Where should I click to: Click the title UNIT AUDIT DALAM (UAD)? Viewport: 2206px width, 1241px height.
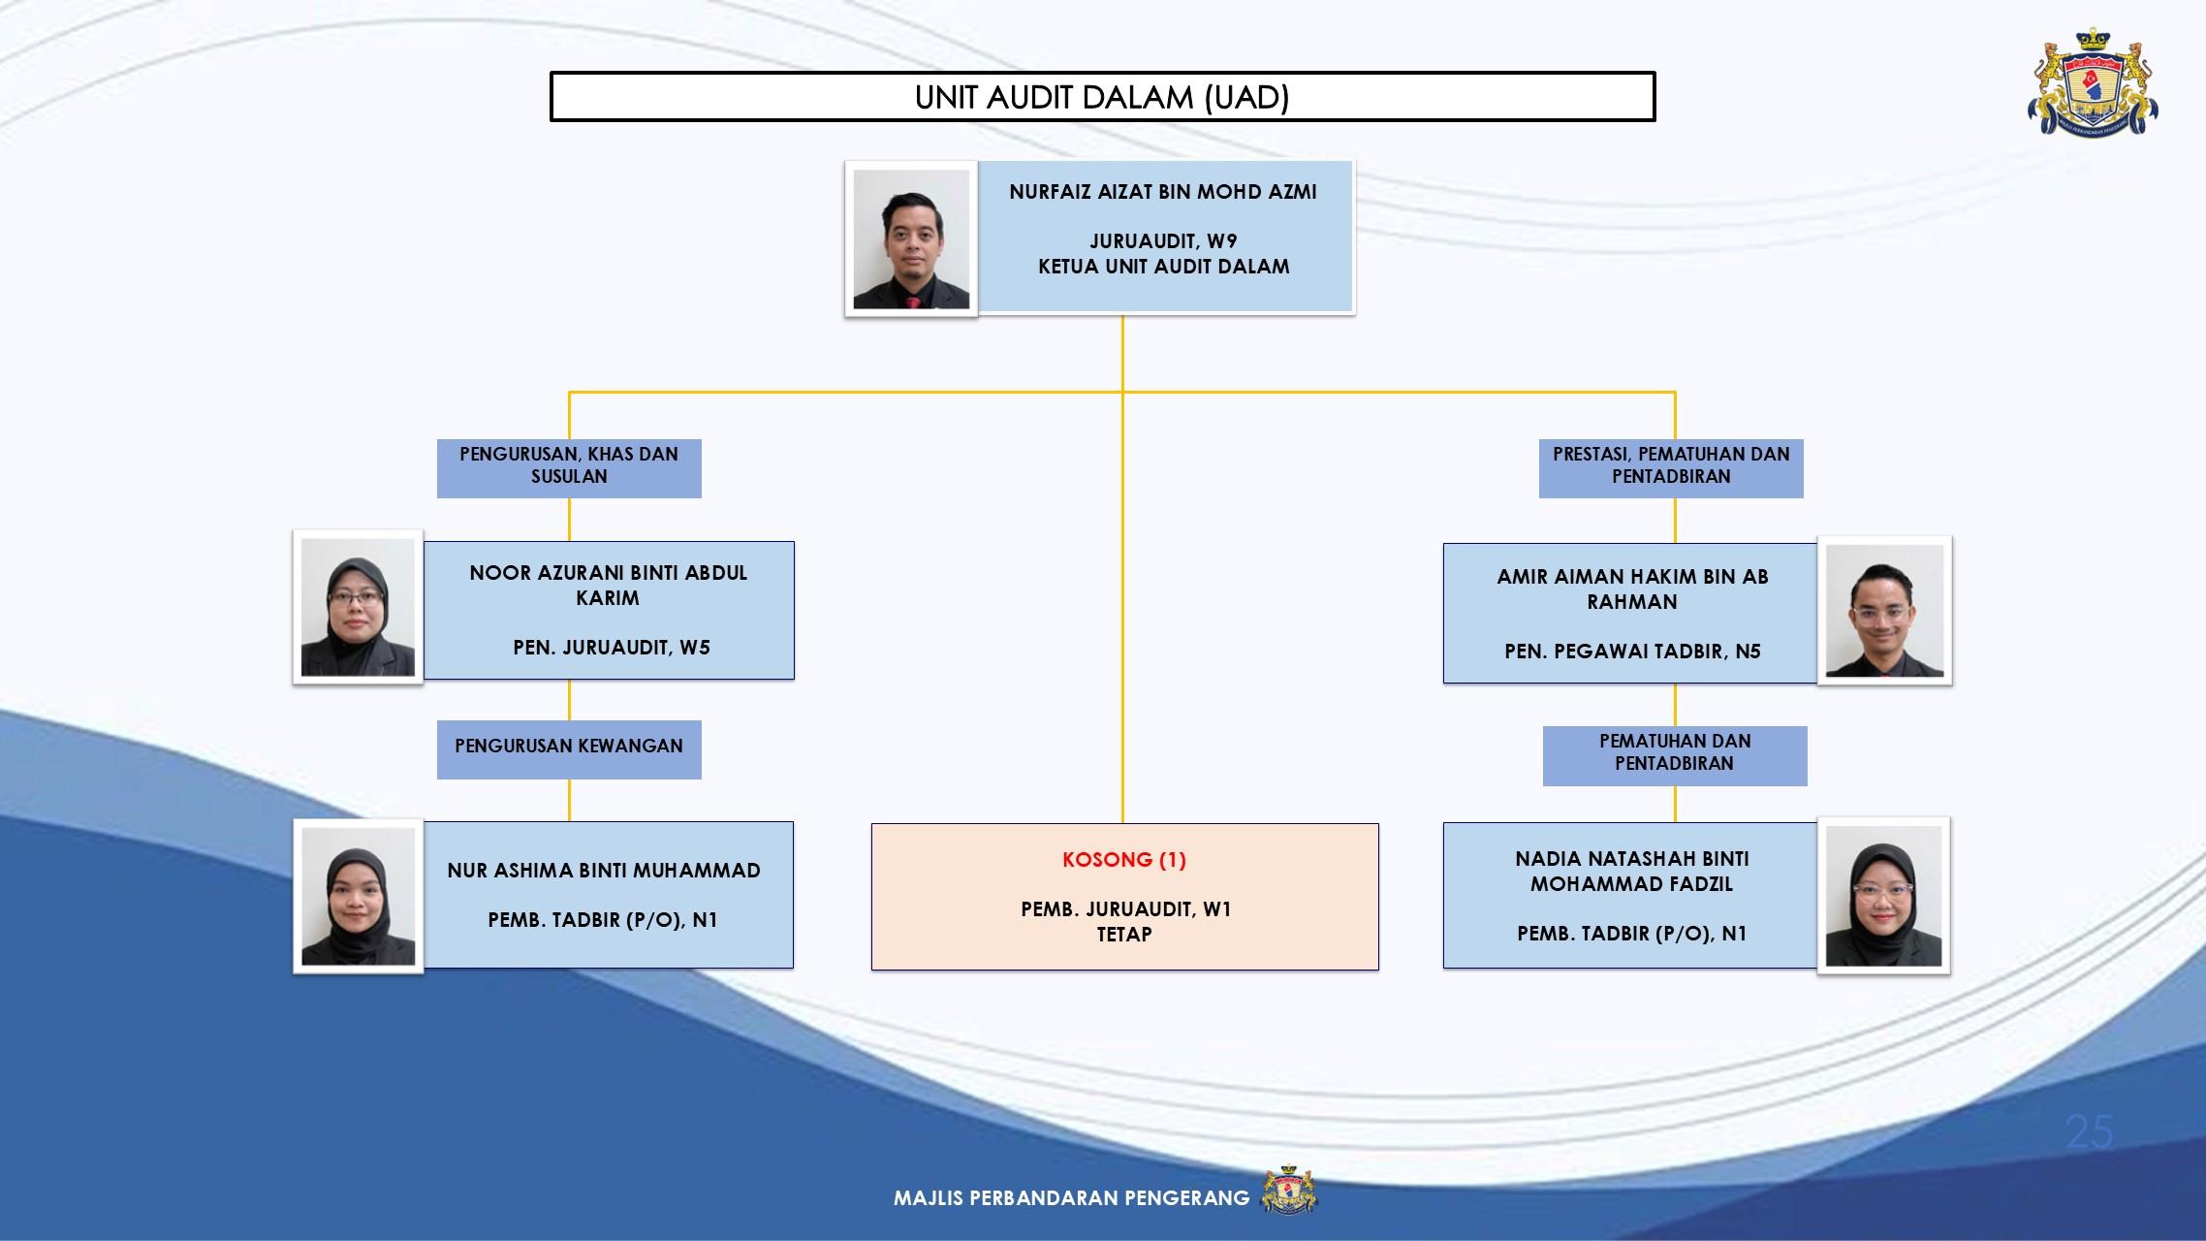click(1102, 97)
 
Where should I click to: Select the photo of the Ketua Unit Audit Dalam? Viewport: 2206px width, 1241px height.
click(911, 239)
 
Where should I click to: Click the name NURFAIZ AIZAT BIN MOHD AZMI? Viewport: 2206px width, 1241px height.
click(1163, 192)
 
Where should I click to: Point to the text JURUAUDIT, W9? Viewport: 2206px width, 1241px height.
click(1163, 241)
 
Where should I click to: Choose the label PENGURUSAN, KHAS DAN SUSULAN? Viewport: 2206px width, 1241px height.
click(569, 466)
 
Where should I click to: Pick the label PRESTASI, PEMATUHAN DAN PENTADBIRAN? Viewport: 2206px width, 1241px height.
click(1671, 466)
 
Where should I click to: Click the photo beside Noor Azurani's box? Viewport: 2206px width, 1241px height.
click(358, 608)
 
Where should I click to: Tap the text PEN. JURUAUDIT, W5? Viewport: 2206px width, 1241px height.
click(612, 648)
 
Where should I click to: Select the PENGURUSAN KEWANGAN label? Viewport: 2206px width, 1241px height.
click(569, 747)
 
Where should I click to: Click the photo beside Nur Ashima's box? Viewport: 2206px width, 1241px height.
click(358, 896)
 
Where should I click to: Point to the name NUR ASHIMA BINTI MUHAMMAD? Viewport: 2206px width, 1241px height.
click(604, 871)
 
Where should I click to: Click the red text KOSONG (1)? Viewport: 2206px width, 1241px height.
click(1124, 860)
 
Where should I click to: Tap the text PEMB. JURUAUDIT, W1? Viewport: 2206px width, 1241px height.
click(1125, 909)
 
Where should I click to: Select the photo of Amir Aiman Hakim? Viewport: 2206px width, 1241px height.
click(1884, 611)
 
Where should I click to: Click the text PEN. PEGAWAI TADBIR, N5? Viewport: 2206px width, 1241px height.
click(1632, 652)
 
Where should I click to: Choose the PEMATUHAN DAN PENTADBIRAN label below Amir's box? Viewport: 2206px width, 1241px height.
click(1675, 753)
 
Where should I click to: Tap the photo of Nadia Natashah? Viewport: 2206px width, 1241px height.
click(1883, 896)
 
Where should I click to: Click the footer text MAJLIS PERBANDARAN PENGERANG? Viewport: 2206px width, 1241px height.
click(1071, 1198)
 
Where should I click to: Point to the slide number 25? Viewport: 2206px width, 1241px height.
click(2089, 1131)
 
